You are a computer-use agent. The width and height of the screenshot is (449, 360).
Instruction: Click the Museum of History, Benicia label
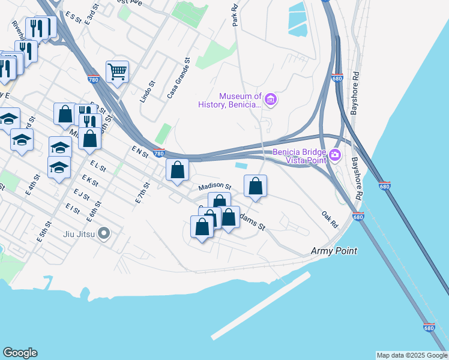[231, 100]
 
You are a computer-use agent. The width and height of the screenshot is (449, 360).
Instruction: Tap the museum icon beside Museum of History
[270, 99]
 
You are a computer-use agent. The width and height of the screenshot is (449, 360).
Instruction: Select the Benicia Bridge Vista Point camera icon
[334, 155]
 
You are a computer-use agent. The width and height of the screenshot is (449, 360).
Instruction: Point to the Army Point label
[334, 251]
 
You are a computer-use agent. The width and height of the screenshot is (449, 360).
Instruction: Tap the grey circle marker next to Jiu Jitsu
[104, 233]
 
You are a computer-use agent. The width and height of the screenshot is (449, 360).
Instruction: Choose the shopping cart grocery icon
[117, 72]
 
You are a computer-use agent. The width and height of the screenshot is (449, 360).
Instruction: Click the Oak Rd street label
[330, 219]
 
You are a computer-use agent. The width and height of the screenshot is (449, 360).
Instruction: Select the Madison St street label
[215, 186]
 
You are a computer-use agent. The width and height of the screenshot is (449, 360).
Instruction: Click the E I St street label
[73, 208]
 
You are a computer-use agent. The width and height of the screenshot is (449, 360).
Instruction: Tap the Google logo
[20, 353]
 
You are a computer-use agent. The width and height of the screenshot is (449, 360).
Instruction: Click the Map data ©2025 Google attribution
[412, 355]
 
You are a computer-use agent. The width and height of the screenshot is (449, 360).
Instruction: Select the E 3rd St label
[91, 17]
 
